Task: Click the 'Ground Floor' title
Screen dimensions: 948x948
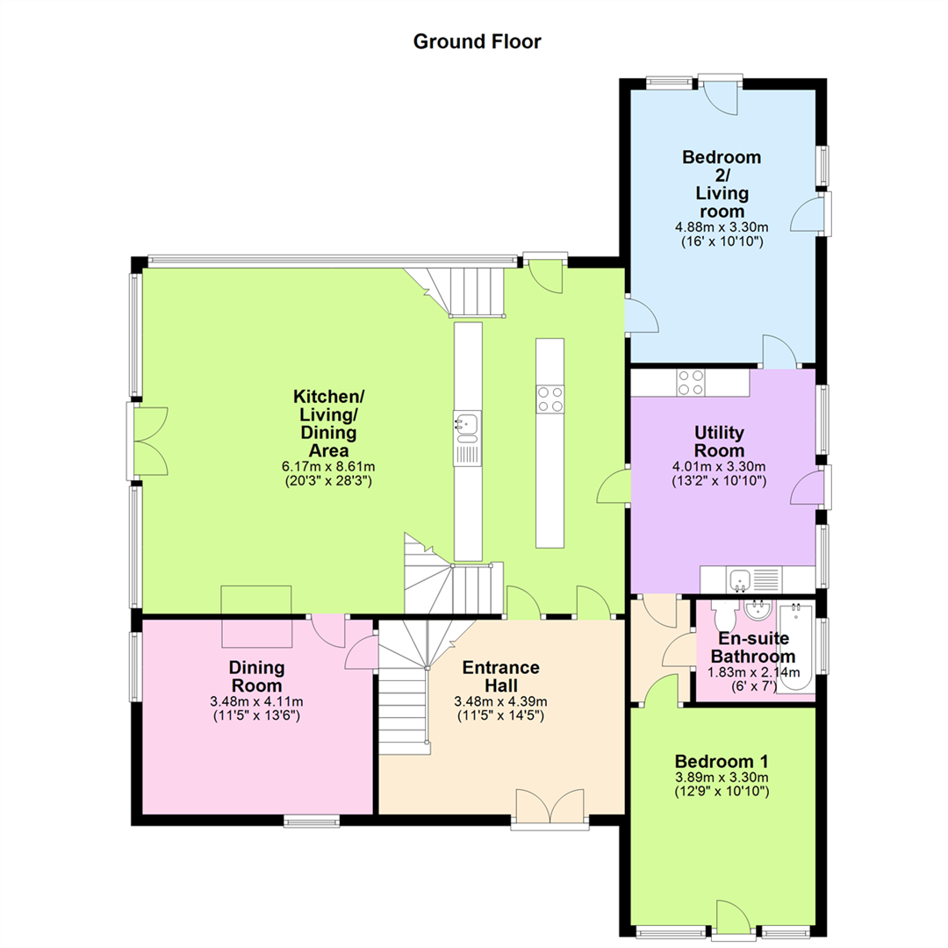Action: [477, 41]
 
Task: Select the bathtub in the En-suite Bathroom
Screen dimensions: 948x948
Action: [795, 647]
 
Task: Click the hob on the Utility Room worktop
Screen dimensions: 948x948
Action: [691, 382]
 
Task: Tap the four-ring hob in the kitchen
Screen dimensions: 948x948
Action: [549, 399]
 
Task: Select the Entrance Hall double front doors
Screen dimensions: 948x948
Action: [550, 807]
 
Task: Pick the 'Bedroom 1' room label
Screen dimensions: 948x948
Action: [722, 761]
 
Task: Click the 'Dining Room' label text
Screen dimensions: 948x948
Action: [256, 677]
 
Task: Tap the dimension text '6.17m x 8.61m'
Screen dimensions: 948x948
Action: [328, 467]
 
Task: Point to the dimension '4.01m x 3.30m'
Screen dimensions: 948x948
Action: [719, 467]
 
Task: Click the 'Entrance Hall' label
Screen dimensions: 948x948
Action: [501, 677]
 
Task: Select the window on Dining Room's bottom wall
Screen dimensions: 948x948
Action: [312, 821]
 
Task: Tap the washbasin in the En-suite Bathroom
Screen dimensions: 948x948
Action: [757, 611]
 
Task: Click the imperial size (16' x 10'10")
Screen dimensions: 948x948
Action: [722, 242]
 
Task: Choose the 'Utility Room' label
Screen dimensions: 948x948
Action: [719, 442]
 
